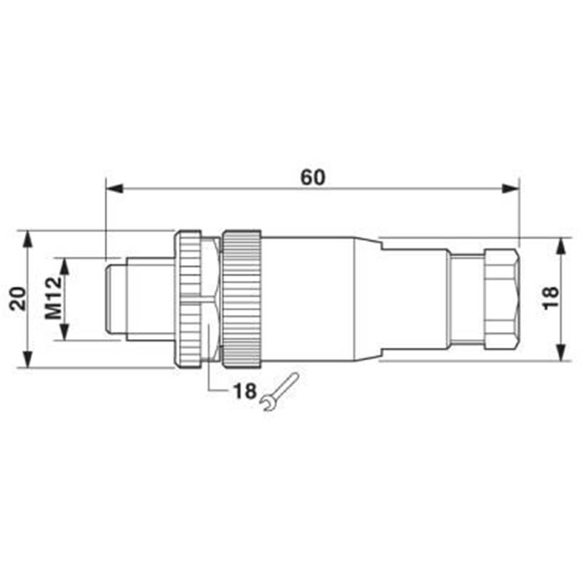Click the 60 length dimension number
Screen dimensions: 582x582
click(313, 177)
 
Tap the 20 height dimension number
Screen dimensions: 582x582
click(19, 298)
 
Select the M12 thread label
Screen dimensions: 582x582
click(53, 298)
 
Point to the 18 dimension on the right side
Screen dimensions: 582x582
click(551, 298)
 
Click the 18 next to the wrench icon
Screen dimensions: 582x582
click(244, 391)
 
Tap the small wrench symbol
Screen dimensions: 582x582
click(279, 391)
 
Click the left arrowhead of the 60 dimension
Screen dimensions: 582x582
click(114, 188)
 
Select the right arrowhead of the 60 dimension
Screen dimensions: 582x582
click(511, 188)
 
